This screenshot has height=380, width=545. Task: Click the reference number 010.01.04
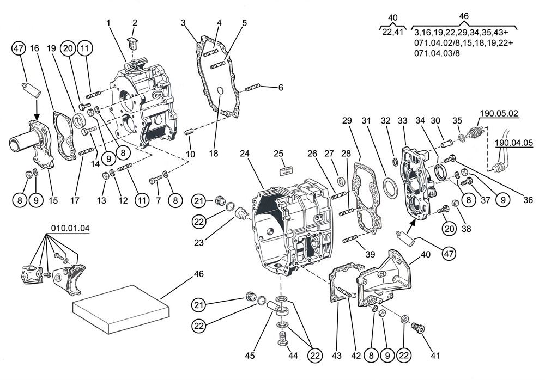click(x=70, y=228)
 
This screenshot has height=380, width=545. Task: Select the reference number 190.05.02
click(x=499, y=113)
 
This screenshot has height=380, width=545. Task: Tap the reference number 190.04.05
click(x=514, y=143)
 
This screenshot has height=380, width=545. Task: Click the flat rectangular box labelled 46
click(x=120, y=309)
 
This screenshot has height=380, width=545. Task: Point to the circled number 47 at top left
click(x=19, y=48)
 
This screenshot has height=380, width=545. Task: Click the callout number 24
click(x=245, y=153)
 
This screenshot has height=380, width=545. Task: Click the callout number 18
click(x=214, y=153)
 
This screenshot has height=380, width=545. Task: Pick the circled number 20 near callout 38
click(x=449, y=229)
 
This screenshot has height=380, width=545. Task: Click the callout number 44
click(x=293, y=356)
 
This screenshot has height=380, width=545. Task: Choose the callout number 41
click(x=435, y=356)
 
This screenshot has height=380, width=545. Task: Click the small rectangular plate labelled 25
click(x=286, y=171)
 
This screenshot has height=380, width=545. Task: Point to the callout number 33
click(x=403, y=120)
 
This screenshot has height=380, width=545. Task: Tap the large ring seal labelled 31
click(x=390, y=186)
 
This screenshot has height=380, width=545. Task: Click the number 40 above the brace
click(x=393, y=17)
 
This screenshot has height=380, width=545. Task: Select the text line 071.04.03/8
click(x=437, y=53)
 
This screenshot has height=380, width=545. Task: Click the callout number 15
click(x=53, y=200)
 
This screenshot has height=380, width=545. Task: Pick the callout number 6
click(x=281, y=87)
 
